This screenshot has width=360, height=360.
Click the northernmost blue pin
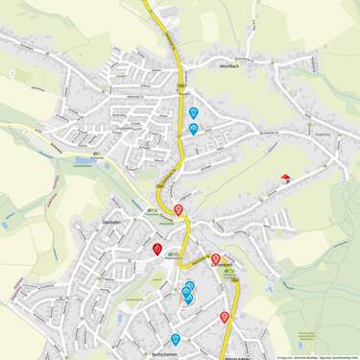[x=194, y=112]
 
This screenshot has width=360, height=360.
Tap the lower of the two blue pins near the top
[x=194, y=129]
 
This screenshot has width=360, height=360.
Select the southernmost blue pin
[x=176, y=339]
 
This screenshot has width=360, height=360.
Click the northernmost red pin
[x=179, y=209]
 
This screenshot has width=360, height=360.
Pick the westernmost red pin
[x=157, y=249]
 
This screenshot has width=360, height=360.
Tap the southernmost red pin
[x=225, y=317]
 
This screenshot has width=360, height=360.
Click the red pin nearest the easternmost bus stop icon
[x=215, y=259]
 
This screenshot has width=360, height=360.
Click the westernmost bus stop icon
[x=96, y=155]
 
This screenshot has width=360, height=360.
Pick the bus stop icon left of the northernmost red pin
[x=150, y=211]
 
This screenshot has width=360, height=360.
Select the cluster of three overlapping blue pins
[x=188, y=292]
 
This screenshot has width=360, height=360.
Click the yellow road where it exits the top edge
[x=147, y=2]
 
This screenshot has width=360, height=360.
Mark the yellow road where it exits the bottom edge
[x=225, y=357]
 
